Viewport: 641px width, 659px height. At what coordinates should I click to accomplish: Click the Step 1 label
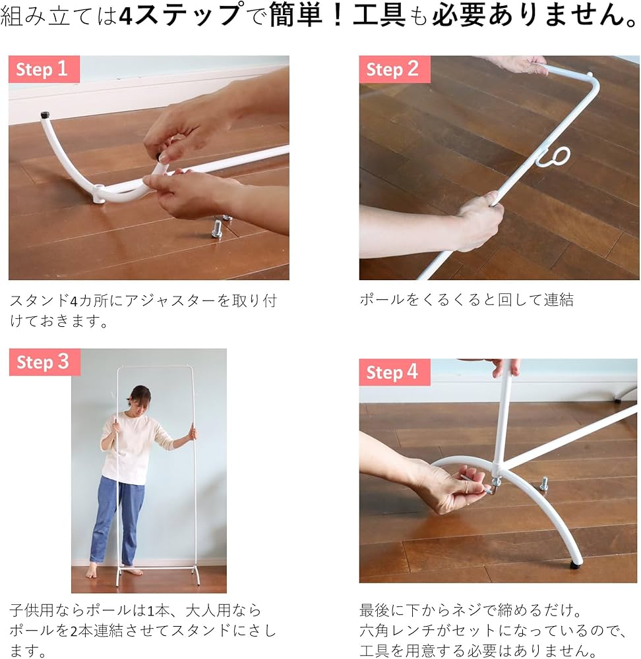pos(44,69)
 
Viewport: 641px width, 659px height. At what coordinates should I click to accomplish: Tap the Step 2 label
pos(394,69)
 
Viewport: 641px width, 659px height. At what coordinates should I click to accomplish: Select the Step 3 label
pos(45,362)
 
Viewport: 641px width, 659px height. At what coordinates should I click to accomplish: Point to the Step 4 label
pos(394,372)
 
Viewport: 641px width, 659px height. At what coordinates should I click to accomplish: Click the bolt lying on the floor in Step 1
pos(218,229)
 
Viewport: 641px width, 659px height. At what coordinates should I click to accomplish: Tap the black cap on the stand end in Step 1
pos(45,115)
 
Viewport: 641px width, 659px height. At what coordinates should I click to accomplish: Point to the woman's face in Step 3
pos(138,403)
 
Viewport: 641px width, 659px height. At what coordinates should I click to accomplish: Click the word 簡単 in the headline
pos(295,15)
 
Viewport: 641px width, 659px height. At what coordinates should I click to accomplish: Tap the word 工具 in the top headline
pos(379,15)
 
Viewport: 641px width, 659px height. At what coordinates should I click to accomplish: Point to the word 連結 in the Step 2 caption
pos(559,300)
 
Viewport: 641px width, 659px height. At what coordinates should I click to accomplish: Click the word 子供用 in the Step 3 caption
pos(31,610)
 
